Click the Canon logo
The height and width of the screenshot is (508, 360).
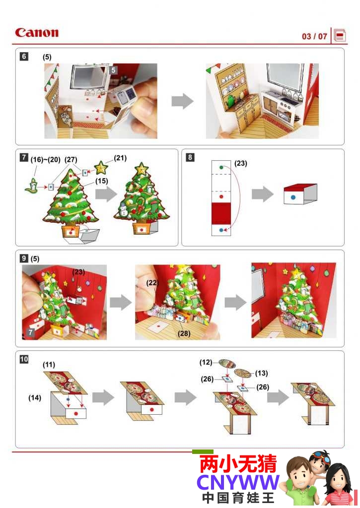tap(37, 32)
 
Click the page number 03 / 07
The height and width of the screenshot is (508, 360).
tap(314, 36)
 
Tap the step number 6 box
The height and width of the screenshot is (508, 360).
tap(24, 57)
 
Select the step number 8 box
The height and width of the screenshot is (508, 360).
tap(190, 157)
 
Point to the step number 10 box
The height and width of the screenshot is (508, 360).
tap(24, 359)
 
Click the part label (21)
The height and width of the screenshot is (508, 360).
tap(120, 158)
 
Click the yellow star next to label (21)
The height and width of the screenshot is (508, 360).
tap(101, 168)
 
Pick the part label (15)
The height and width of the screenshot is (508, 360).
tap(101, 181)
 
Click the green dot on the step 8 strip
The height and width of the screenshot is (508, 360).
tap(221, 167)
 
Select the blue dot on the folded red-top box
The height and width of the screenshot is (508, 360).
tap(293, 197)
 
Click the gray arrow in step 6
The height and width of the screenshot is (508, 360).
tap(182, 101)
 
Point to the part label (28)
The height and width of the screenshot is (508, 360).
tap(184, 333)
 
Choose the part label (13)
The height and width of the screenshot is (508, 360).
tap(261, 373)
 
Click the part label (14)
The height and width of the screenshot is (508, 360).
tap(35, 397)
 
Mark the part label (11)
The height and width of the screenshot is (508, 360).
tap(49, 365)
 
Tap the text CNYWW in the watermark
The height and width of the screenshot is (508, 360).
tap(238, 483)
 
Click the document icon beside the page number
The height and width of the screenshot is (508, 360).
tap(340, 35)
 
